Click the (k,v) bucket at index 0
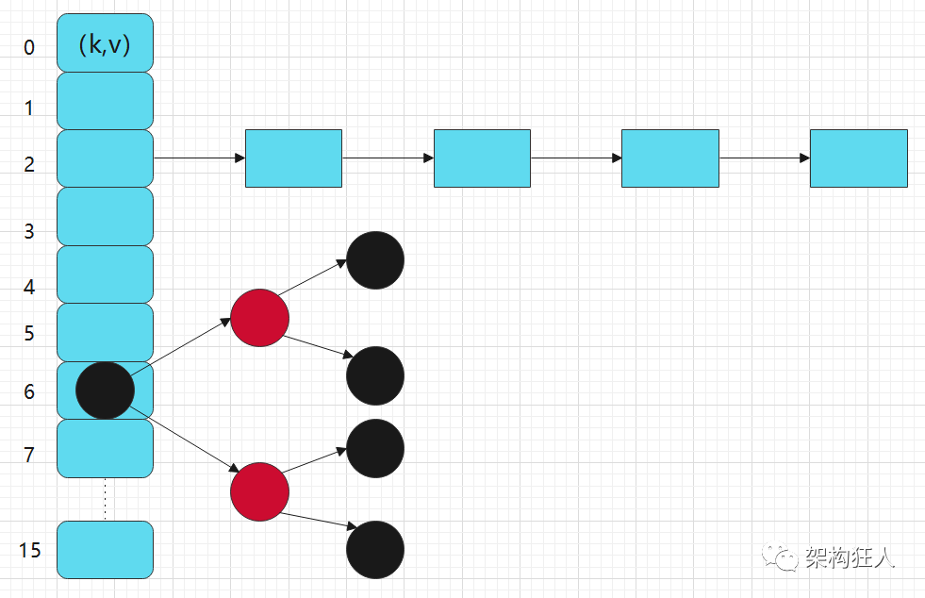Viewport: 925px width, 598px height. tap(105, 43)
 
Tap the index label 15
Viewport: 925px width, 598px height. tap(30, 549)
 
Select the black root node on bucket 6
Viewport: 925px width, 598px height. tap(105, 390)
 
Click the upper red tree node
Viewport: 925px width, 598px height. tap(259, 318)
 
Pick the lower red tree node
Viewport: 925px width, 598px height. tap(259, 491)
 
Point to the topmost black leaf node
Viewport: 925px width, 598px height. tap(375, 259)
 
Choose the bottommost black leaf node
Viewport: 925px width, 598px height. tap(375, 549)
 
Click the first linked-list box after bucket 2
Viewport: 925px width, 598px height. tap(293, 158)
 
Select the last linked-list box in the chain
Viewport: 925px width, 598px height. tap(858, 158)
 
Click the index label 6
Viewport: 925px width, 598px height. tap(29, 391)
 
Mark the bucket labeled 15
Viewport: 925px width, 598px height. tap(105, 549)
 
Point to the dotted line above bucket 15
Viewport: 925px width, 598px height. tap(105, 499)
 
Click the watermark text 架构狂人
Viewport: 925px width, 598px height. tap(849, 557)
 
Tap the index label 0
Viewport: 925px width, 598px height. tap(29, 47)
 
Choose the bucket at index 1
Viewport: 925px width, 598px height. tap(105, 101)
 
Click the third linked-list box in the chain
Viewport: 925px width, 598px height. tap(669, 158)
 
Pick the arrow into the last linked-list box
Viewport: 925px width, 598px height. tap(764, 158)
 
